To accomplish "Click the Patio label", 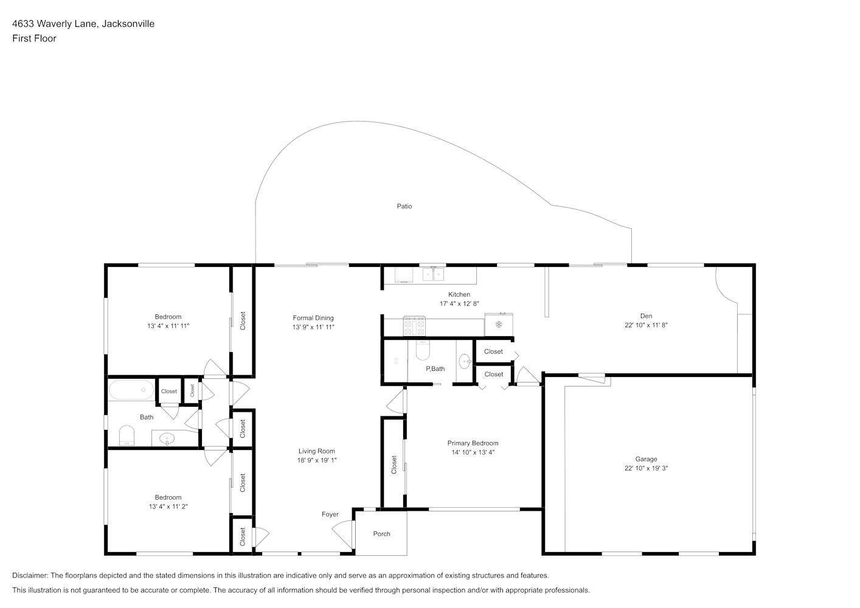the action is tap(404, 206).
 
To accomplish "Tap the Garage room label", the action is tap(646, 459).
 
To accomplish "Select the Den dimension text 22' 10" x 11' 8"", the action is tap(646, 325).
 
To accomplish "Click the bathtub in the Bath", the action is tap(131, 390).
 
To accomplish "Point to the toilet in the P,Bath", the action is tap(423, 350).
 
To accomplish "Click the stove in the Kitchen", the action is tap(414, 326).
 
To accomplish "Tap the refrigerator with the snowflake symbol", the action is tap(499, 325).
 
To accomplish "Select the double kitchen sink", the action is tap(433, 274).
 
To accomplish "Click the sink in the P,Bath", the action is tap(465, 361).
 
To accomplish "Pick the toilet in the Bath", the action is tap(127, 435).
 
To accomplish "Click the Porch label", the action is tap(381, 534).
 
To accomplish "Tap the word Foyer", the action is tap(330, 514).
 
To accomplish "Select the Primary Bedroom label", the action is tap(473, 443).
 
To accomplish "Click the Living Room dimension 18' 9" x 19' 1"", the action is tap(317, 460).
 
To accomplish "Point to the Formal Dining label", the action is tap(313, 318).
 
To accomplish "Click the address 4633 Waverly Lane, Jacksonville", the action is tap(83, 24).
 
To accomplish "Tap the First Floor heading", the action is tap(34, 38).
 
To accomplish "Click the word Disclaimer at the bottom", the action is tap(30, 575).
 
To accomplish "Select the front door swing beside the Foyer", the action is tap(342, 534).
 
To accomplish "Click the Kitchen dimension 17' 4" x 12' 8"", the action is tap(459, 303).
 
